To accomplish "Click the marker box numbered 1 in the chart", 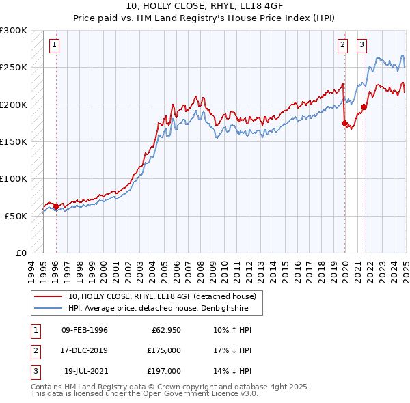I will tap(54, 46).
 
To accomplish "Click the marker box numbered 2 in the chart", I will tap(342, 46).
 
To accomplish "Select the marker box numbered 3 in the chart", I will tap(361, 46).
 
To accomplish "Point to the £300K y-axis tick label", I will tap(14, 31).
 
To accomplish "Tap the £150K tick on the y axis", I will tap(14, 141).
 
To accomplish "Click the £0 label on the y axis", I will tap(20, 253).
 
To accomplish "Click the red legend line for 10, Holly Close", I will tap(48, 296).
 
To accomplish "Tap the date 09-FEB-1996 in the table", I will tap(85, 330).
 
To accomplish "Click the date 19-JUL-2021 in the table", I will tap(85, 371).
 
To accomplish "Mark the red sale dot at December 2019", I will tap(344, 123).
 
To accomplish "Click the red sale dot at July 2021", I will tap(364, 107).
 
